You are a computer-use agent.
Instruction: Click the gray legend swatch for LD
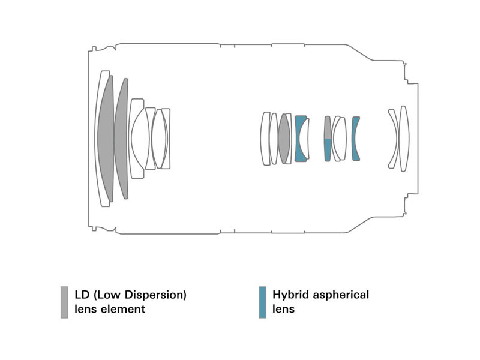pyautogui.click(x=64, y=302)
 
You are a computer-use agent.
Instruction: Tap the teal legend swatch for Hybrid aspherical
pyautogui.click(x=262, y=302)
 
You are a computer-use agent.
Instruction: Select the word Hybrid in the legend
pyautogui.click(x=290, y=295)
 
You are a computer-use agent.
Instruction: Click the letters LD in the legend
pyautogui.click(x=82, y=295)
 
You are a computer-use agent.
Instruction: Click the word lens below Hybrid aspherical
pyautogui.click(x=283, y=309)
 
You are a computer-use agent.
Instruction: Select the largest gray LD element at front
pyautogui.click(x=106, y=139)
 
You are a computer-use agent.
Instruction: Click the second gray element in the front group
pyautogui.click(x=122, y=139)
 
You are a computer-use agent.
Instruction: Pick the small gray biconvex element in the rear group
pyautogui.click(x=284, y=139)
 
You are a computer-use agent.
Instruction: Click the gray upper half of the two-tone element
pyautogui.click(x=328, y=127)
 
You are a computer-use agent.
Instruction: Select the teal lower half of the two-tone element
pyautogui.click(x=328, y=149)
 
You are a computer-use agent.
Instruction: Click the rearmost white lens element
pyautogui.click(x=404, y=139)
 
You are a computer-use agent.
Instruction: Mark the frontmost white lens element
pyautogui.click(x=98, y=139)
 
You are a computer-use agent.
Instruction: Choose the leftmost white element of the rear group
pyautogui.click(x=265, y=139)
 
